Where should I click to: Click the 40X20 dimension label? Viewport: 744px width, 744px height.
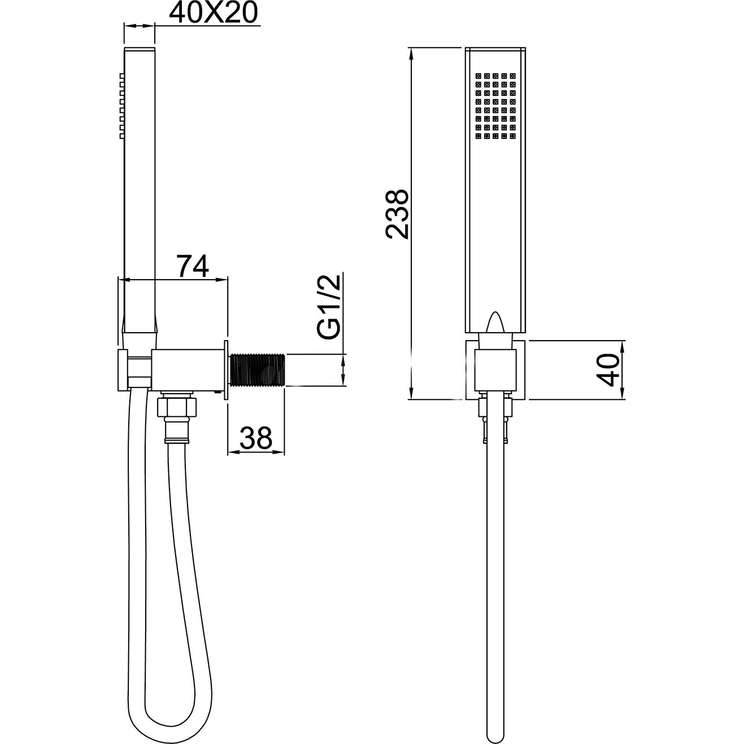coord(213,13)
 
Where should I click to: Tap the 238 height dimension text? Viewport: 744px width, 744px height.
coord(397,214)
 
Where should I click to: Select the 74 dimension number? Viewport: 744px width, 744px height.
coord(193,266)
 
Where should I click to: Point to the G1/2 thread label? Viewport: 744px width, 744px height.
coord(329,307)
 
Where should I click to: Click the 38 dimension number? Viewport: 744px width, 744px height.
coord(256,437)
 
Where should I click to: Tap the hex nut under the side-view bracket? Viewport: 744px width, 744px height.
coord(177,407)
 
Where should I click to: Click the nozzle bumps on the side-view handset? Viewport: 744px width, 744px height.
coord(122,105)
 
